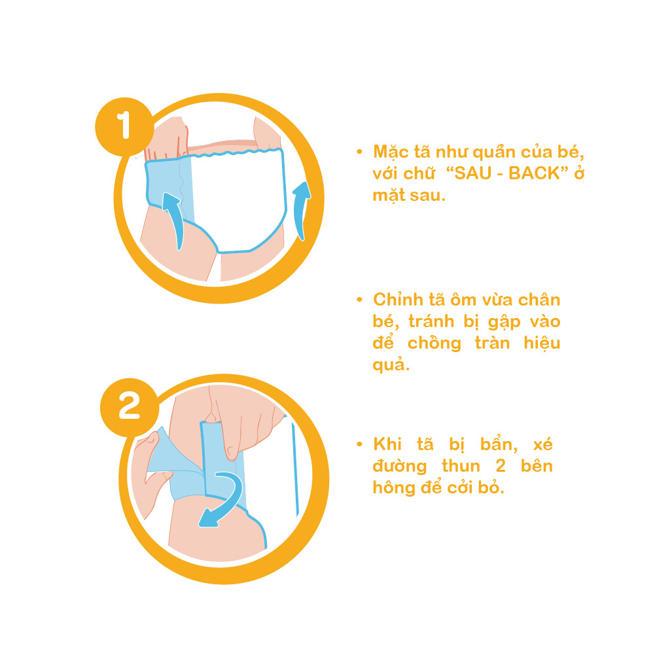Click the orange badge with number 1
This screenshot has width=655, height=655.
tap(124, 126)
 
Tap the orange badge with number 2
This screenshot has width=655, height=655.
tap(130, 407)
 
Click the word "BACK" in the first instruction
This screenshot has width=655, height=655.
tap(534, 173)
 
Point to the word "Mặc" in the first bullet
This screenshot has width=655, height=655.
tap(391, 152)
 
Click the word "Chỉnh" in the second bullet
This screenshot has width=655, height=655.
tap(398, 300)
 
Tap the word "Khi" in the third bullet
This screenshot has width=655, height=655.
tap(387, 444)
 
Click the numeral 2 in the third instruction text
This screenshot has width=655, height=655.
tap(501, 466)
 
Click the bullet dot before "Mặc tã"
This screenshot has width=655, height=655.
tap(359, 152)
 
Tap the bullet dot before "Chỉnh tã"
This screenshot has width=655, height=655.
tap(359, 300)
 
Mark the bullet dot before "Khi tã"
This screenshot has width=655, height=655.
tap(359, 444)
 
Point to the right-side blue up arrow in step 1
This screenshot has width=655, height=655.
tap(301, 211)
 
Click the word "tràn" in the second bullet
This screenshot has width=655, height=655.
tap(492, 344)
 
